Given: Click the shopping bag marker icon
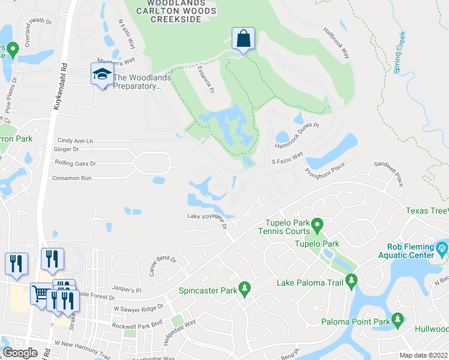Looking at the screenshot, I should (243, 40).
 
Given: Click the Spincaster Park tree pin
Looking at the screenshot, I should (244, 289).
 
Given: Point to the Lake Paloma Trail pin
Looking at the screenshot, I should (351, 280).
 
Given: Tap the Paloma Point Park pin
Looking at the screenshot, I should (397, 320).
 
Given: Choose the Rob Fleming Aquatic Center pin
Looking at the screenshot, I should (442, 248).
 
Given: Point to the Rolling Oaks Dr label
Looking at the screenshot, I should (76, 163).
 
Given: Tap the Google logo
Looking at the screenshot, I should (19, 352).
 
